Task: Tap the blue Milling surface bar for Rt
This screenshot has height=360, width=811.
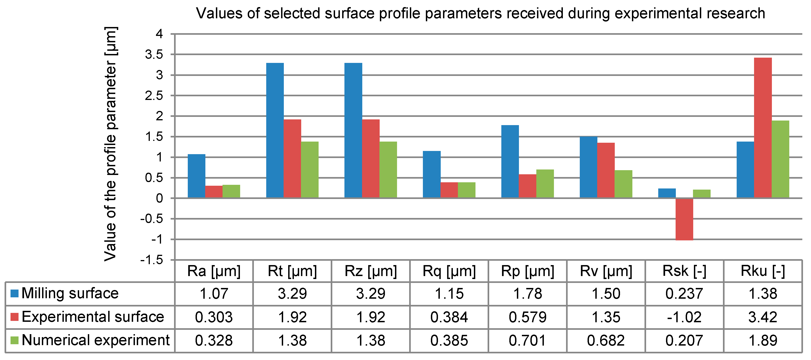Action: [275, 130]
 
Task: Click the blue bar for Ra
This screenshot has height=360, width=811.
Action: [196, 176]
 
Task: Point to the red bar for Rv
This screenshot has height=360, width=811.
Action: [606, 170]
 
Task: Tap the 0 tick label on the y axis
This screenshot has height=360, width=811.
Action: [159, 199]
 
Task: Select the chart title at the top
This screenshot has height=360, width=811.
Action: [481, 13]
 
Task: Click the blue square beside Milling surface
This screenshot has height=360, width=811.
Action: [14, 293]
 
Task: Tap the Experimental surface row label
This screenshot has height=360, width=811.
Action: [93, 317]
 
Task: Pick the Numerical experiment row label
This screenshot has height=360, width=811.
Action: [95, 340]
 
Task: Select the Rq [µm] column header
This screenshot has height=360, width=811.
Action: [449, 271]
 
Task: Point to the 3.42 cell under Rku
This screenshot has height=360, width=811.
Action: [763, 317]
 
